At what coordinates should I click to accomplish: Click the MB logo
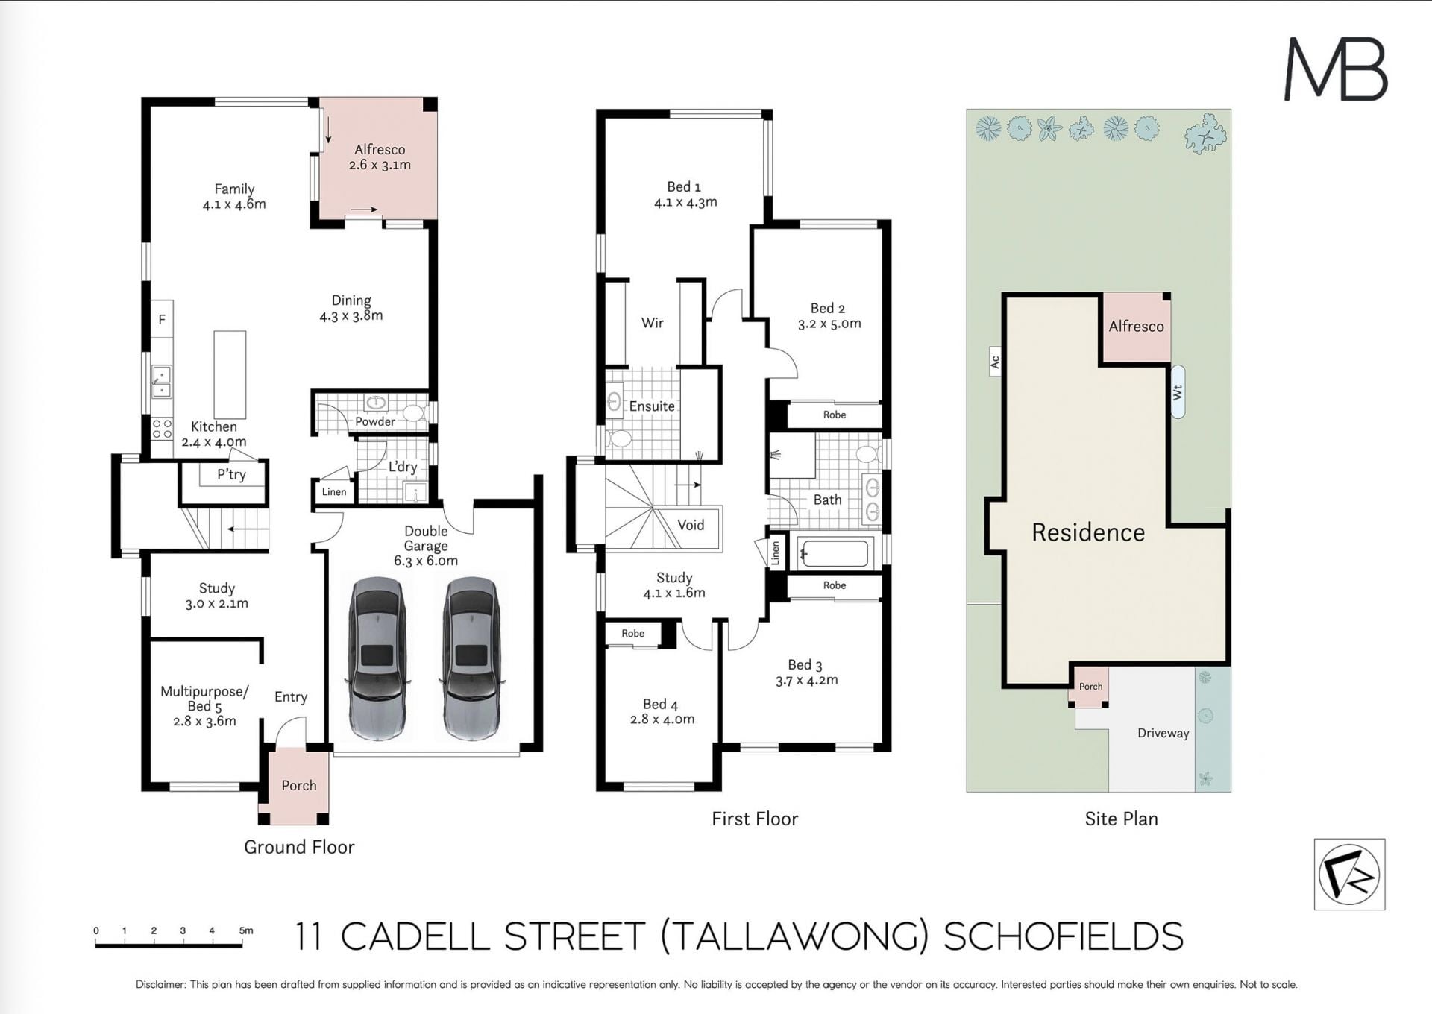tap(1335, 69)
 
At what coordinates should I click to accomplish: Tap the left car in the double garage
tap(378, 658)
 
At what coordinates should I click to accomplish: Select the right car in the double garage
tap(471, 658)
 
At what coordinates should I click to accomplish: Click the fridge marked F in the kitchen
tap(162, 319)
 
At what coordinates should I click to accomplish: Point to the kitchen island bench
tap(230, 374)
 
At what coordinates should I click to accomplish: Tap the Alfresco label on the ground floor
tap(380, 149)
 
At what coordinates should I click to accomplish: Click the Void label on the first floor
tap(691, 525)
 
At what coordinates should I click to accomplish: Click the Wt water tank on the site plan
tap(1178, 391)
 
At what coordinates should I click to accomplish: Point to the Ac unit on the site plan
tap(994, 362)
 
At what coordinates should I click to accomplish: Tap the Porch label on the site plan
tap(1090, 686)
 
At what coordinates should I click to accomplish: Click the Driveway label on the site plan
tap(1163, 733)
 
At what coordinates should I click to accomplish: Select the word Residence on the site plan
tap(1088, 532)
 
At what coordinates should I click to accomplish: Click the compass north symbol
tap(1349, 874)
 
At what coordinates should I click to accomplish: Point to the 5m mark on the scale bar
tap(245, 930)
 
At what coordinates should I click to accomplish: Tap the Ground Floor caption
tap(299, 847)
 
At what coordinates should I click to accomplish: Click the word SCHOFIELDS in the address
tap(1064, 936)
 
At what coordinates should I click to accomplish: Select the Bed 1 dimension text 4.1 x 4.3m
tap(685, 202)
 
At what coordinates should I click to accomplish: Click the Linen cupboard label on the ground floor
tap(334, 491)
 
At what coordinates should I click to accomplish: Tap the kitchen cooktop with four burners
tap(162, 429)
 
